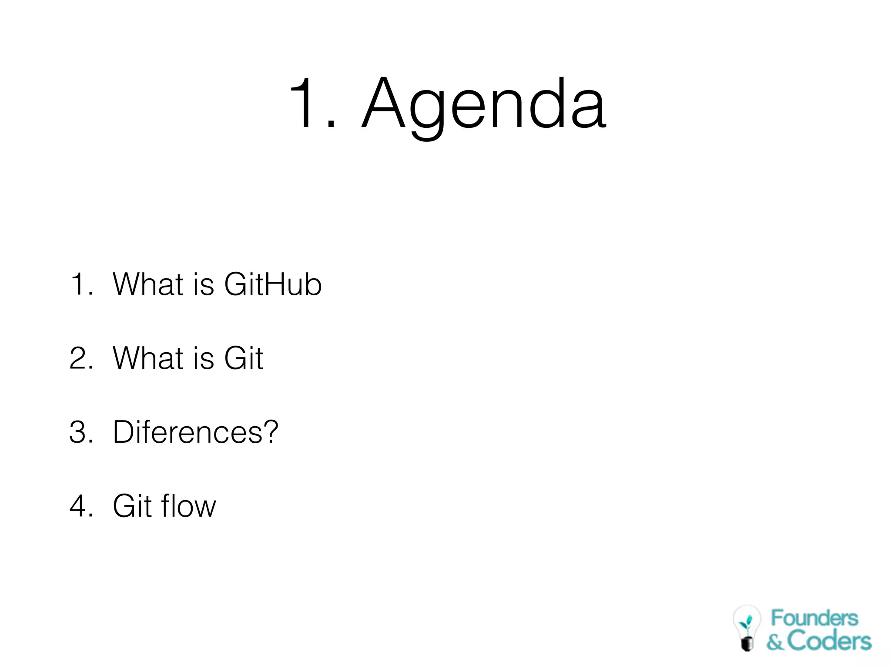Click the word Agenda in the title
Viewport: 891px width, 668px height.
coord(484,104)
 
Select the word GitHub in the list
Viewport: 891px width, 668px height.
coord(273,284)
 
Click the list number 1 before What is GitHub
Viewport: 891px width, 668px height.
coord(78,284)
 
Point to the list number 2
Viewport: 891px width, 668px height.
coord(79,358)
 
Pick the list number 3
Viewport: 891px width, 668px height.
coord(79,432)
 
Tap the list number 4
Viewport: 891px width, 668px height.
coord(79,506)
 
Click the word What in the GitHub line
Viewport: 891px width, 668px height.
coord(148,284)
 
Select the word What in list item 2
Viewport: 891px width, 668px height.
coord(148,358)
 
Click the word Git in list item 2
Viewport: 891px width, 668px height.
coord(244,358)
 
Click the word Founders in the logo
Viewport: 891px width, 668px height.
coord(814,618)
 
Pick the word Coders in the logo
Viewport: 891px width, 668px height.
coord(829,641)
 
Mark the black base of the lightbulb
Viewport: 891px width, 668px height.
coord(747,644)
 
